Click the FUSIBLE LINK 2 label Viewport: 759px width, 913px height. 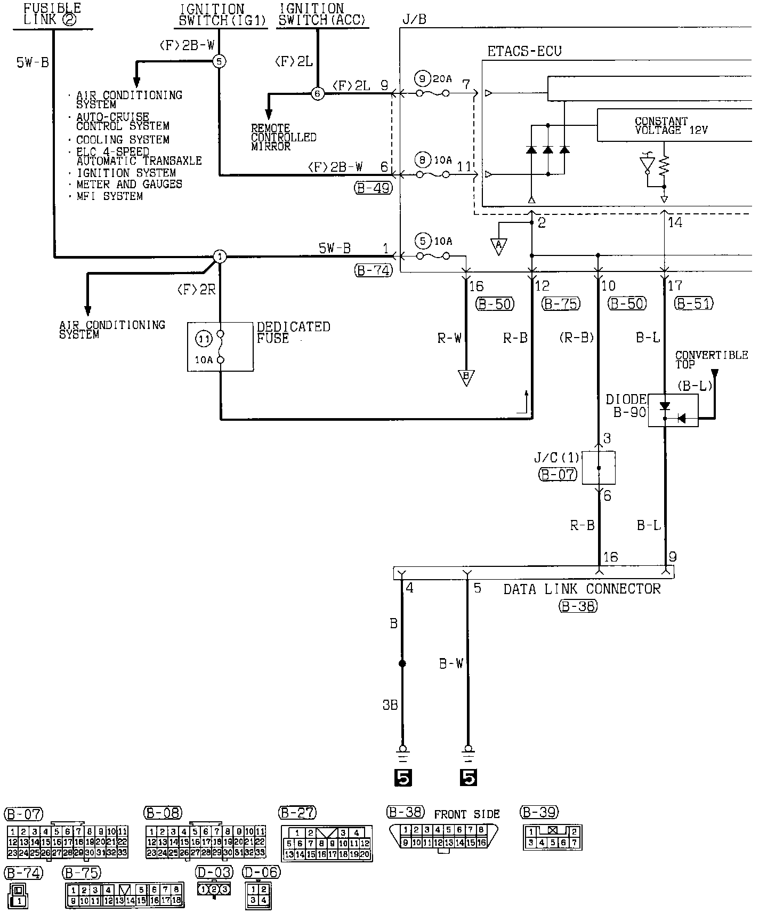pos(52,14)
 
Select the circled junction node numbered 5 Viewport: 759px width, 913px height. pos(219,62)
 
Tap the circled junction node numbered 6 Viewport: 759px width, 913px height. pos(318,93)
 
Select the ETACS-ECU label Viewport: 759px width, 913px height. pos(524,51)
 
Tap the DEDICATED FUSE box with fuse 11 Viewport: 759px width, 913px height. pos(220,346)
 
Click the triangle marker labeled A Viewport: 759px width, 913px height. pos(499,246)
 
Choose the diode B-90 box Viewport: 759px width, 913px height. pos(673,411)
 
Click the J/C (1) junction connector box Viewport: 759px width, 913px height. pos(599,468)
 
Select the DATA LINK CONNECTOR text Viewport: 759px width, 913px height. pos(582,589)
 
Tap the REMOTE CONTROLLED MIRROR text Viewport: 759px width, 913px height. pos(284,137)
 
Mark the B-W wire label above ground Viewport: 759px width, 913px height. pos(451,663)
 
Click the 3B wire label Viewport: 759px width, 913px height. pos(390,705)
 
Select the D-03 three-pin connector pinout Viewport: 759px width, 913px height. pos(214,889)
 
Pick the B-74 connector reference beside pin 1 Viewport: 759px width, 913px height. pos(373,270)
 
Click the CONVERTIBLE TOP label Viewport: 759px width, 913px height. pos(711,359)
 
